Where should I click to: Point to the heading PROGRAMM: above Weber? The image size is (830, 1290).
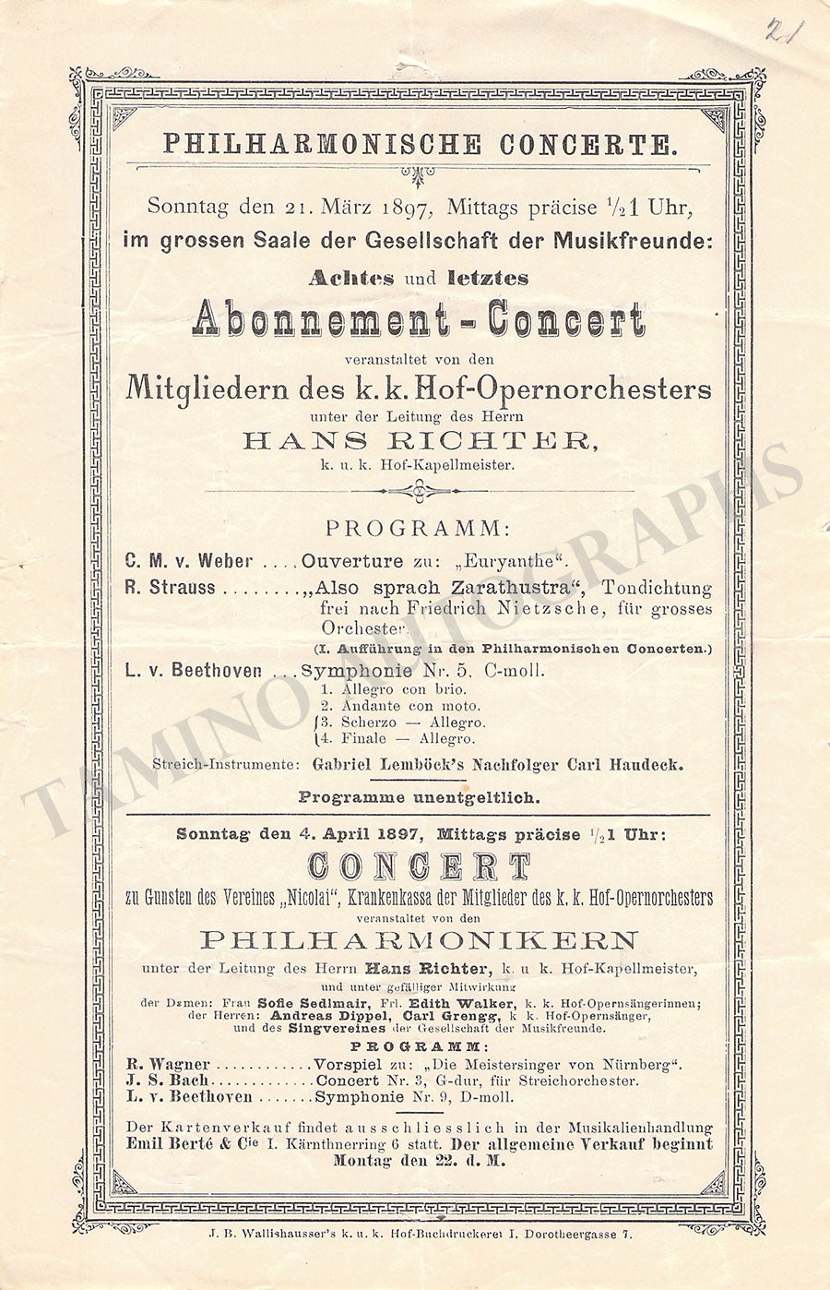pos(417,529)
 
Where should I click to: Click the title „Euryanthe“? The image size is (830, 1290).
pos(516,562)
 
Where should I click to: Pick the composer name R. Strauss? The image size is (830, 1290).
pos(170,588)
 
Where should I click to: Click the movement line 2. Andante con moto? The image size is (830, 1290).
pos(400,706)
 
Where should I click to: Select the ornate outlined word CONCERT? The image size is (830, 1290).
pos(419,867)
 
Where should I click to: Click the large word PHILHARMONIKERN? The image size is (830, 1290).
pos(419,940)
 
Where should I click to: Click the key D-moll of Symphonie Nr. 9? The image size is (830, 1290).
pos(496,1097)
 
